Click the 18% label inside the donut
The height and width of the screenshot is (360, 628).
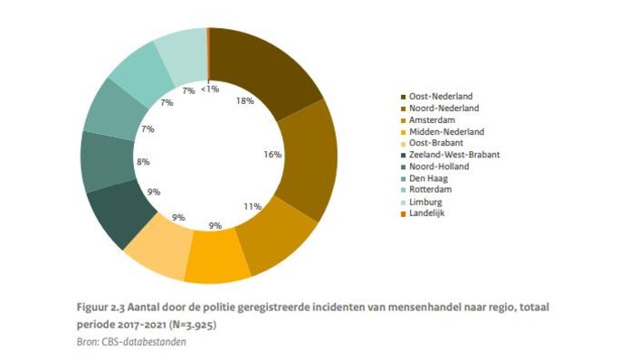tap(243, 101)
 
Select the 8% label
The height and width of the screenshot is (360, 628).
tap(143, 163)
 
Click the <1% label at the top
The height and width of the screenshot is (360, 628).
tap(209, 89)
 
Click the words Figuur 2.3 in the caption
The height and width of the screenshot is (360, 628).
tap(100, 308)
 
